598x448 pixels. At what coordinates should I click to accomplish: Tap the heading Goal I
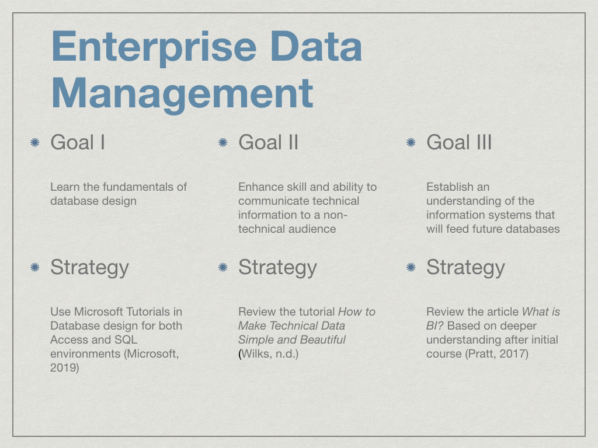tap(78, 142)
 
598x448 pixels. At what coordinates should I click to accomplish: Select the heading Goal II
tap(268, 142)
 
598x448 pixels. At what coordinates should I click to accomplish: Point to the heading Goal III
tap(459, 142)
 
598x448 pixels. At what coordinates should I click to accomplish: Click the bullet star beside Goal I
tap(34, 142)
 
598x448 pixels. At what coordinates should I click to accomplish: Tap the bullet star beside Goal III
tap(411, 142)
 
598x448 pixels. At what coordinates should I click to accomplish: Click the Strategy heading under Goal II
tap(277, 268)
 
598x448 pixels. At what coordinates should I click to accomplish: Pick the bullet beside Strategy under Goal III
tap(411, 267)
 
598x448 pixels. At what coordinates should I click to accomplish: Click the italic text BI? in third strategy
tap(435, 326)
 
